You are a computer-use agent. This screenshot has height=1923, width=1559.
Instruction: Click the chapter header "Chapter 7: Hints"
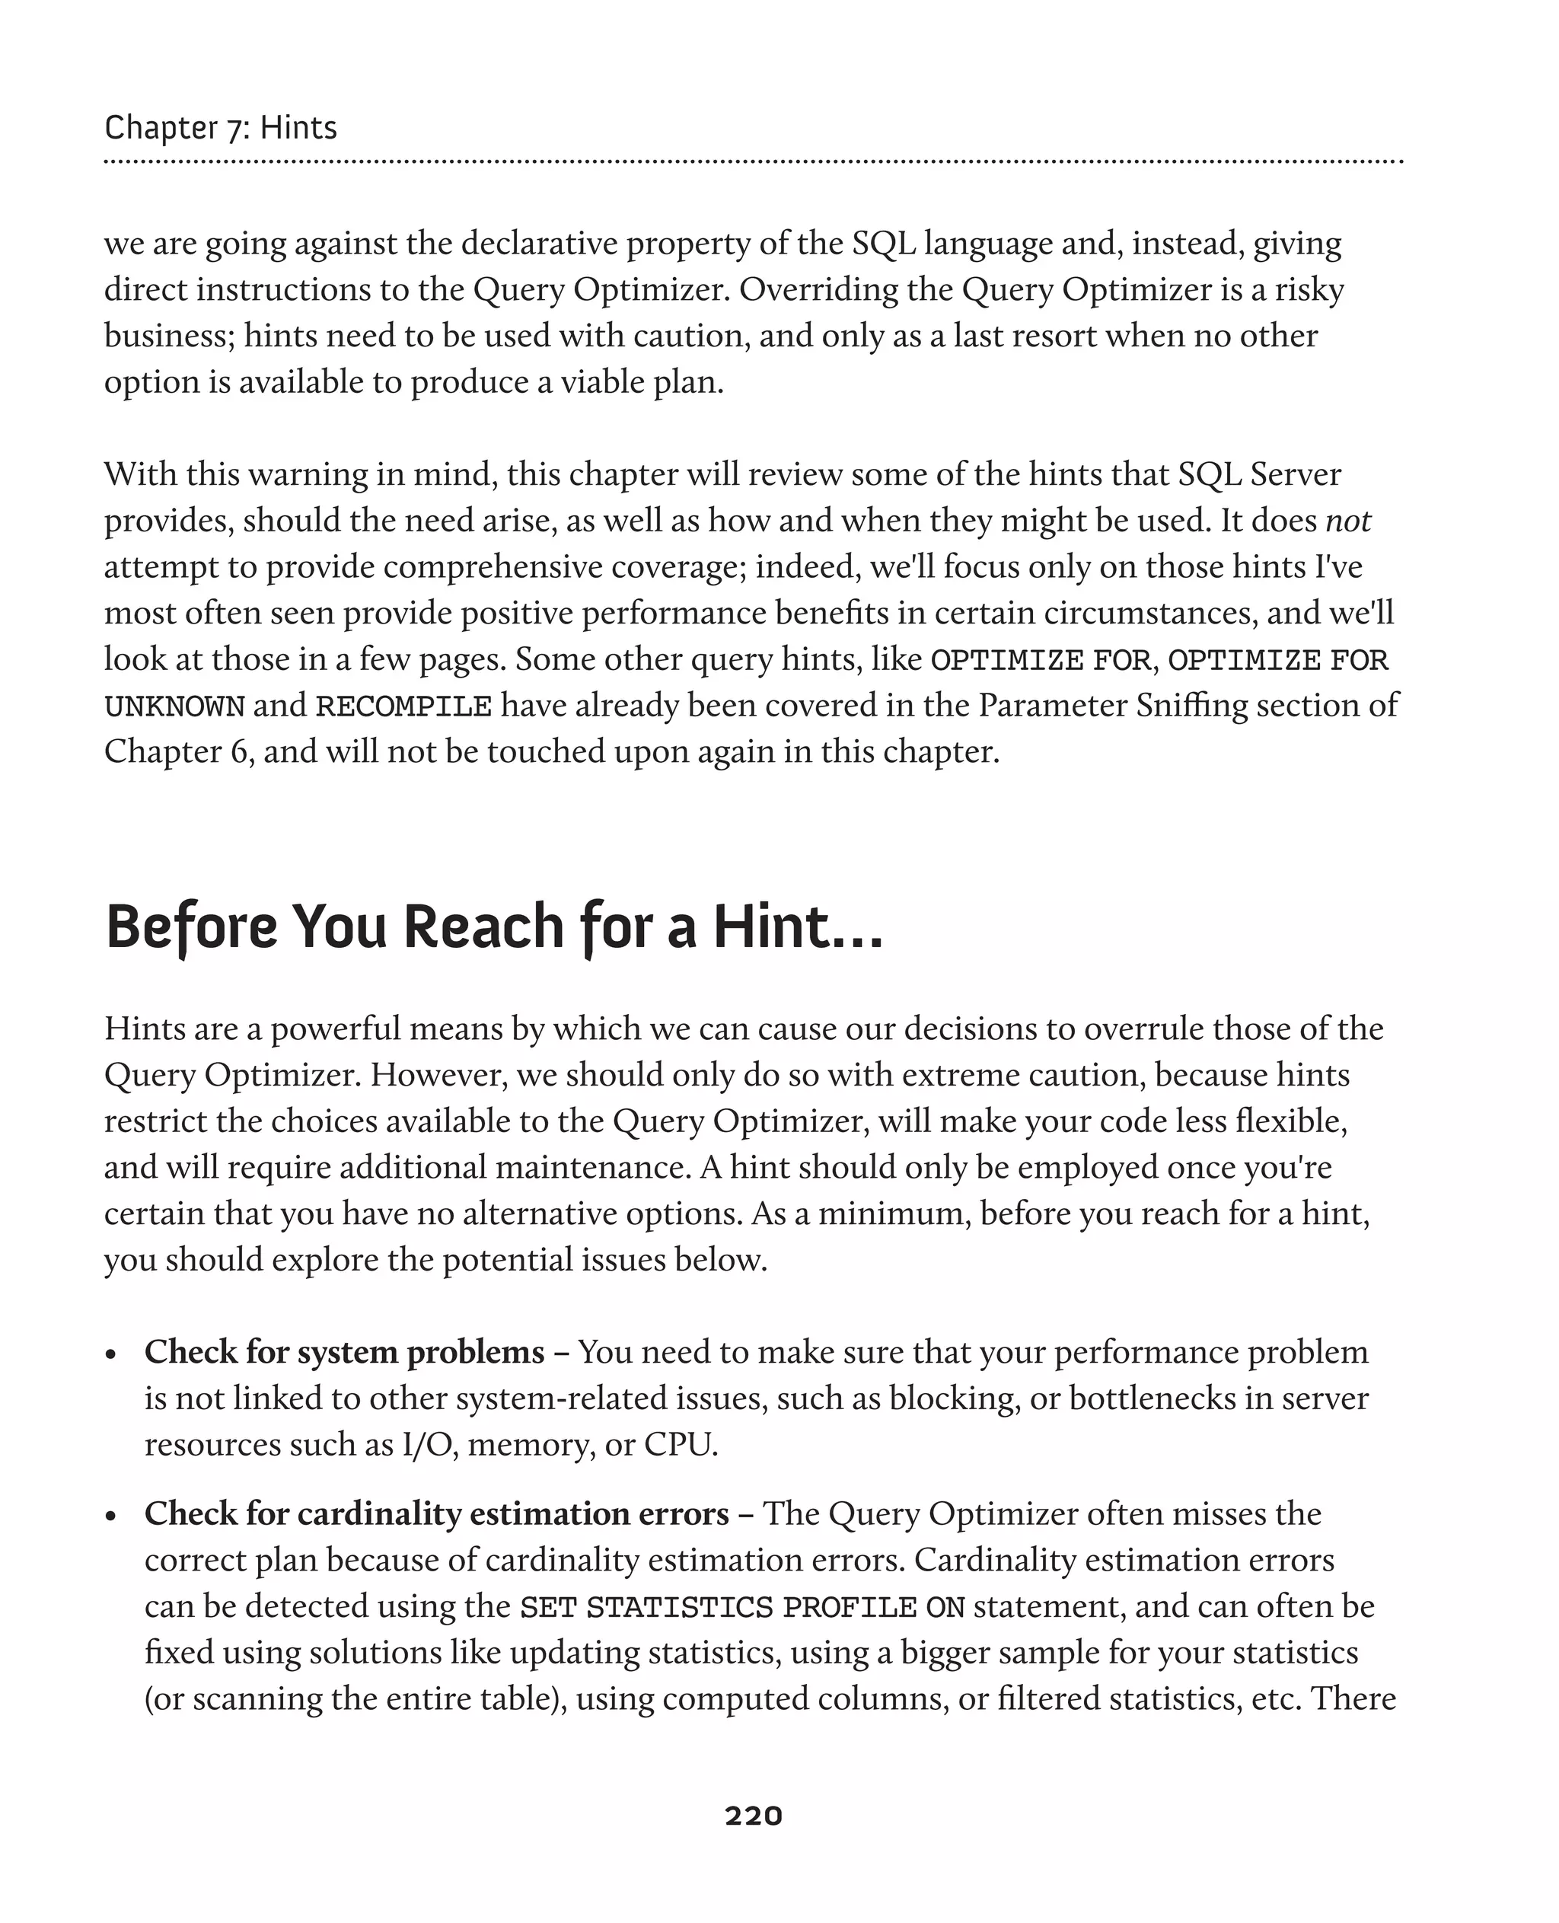coord(221,128)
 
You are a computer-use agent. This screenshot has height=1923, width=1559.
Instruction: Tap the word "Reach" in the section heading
coord(485,927)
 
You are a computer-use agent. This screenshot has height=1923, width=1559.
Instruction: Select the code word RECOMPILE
coord(403,707)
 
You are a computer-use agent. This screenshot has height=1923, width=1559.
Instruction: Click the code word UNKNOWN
coord(174,707)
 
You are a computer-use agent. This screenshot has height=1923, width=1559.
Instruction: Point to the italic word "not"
coord(1347,521)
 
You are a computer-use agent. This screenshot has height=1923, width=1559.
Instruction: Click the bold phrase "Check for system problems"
coord(344,1352)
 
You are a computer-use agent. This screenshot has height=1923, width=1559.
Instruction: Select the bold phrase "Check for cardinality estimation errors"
coord(436,1513)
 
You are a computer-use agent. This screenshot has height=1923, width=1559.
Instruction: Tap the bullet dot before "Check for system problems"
coord(111,1354)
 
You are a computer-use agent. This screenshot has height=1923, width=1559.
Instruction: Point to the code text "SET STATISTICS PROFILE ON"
coord(741,1607)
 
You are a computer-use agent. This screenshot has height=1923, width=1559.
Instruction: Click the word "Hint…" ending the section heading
coord(798,927)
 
